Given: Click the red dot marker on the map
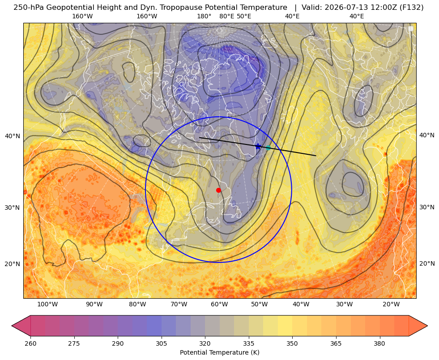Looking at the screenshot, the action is point(218,190).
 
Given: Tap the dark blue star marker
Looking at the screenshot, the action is point(258,146).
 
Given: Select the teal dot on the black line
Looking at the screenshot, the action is point(268,148).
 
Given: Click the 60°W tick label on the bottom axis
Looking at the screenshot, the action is point(219,305).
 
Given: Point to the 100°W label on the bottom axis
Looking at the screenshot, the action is point(47,305).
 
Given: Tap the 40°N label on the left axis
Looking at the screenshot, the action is point(13,136).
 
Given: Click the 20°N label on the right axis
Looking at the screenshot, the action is point(427,263).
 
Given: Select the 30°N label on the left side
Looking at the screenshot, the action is point(13,208).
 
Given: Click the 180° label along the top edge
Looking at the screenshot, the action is point(204,16).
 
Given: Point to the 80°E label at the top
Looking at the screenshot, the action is point(226,16).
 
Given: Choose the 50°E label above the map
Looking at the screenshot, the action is point(244,16).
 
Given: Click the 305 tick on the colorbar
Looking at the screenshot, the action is point(161,343).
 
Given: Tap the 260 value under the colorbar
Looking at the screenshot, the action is point(30,343).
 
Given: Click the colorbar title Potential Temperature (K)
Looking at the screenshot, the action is point(219,352).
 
